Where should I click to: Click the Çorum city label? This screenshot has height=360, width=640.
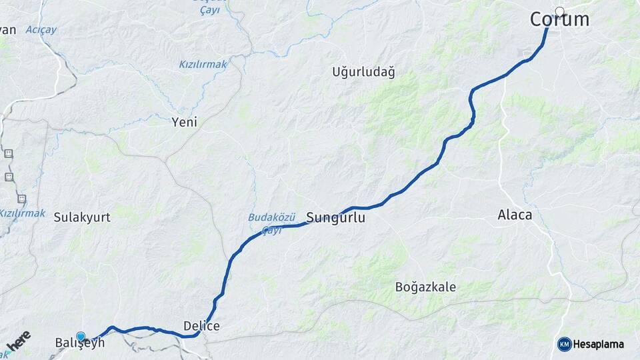tap(559, 20)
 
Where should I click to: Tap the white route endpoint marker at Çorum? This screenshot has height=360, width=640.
tap(559, 11)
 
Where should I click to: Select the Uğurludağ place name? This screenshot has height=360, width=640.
tap(363, 72)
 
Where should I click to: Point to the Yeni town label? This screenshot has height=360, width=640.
tap(185, 122)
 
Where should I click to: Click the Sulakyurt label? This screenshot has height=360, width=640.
tap(82, 217)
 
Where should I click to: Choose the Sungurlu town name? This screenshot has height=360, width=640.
tap(336, 217)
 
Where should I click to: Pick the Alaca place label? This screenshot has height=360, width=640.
tap(515, 215)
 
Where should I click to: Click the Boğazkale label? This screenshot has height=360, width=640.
tap(425, 287)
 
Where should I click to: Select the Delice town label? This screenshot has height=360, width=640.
tap(201, 326)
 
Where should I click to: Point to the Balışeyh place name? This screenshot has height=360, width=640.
tap(79, 343)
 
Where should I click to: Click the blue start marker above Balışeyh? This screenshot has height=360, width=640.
tap(81, 337)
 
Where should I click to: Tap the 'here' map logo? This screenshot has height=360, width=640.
tap(18, 341)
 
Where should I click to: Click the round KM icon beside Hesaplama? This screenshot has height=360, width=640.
tap(564, 344)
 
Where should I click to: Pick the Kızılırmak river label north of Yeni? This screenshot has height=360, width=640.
tap(203, 64)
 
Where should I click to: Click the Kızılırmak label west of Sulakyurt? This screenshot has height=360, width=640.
tap(22, 213)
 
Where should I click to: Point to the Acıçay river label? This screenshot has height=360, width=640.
tap(41, 30)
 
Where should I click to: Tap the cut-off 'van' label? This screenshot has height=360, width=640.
tap(7, 30)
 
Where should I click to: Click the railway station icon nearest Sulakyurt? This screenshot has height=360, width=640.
tap(21, 199)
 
